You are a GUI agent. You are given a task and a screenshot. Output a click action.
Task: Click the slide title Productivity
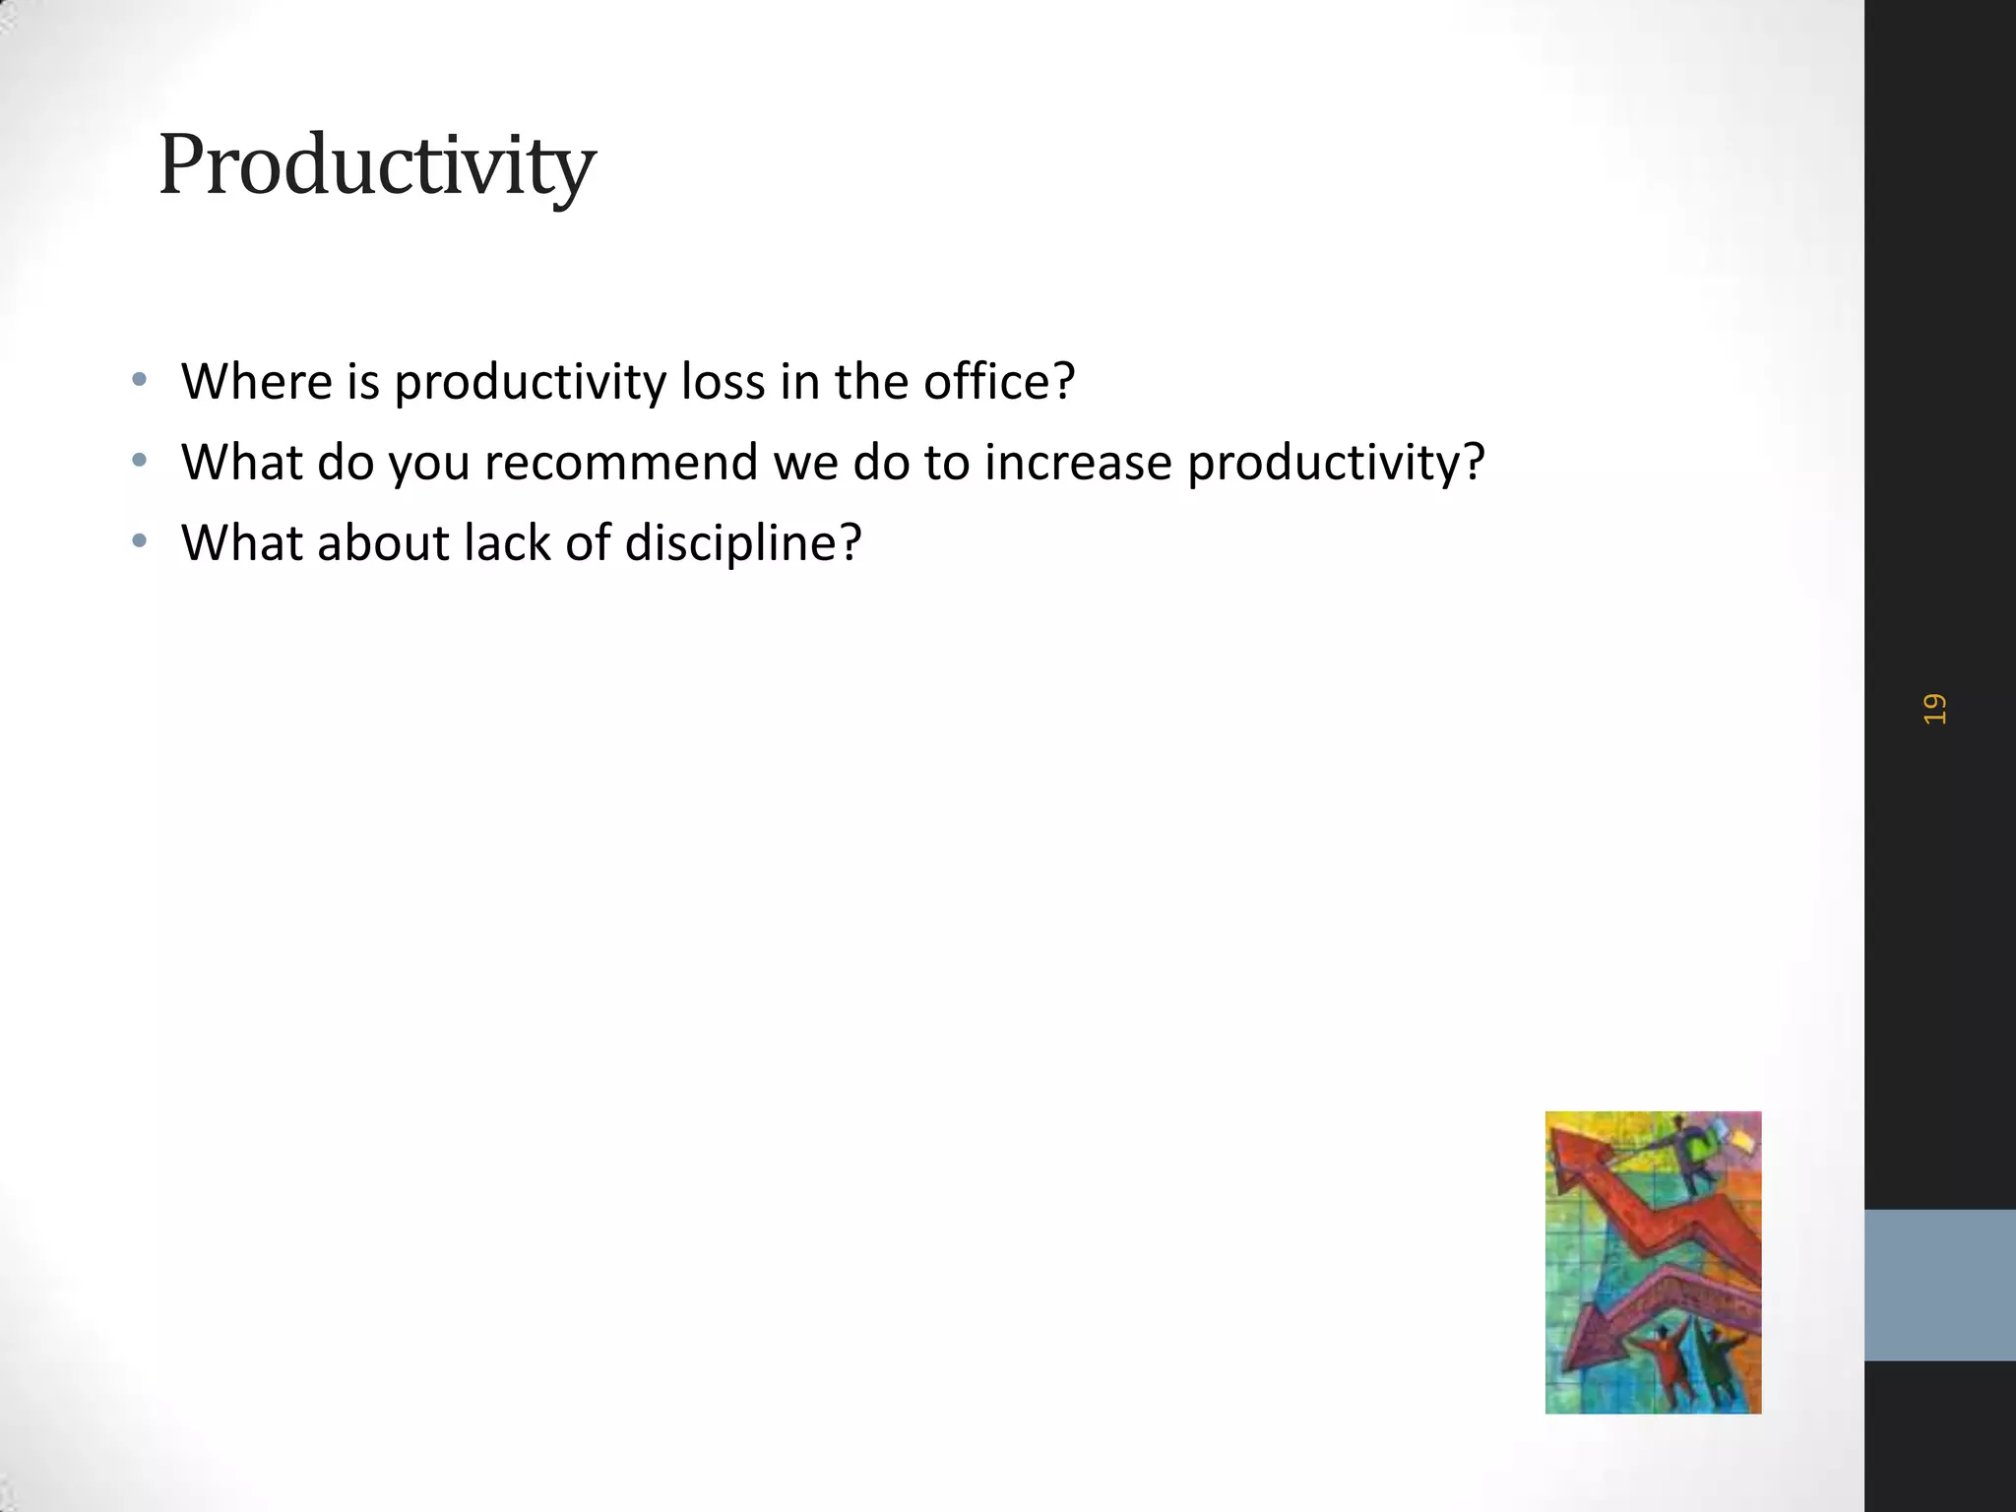point(377,165)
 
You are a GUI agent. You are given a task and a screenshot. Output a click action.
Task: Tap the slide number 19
point(1934,709)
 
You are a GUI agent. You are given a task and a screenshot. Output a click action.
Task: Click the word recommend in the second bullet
point(621,463)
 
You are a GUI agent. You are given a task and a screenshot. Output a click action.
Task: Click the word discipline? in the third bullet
point(743,543)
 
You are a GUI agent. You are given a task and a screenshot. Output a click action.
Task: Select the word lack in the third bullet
point(507,543)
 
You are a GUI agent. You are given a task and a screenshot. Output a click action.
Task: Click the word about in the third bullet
point(383,543)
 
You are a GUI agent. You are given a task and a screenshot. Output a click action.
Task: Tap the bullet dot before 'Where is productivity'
point(140,379)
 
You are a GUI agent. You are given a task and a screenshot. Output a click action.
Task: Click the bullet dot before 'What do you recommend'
point(140,460)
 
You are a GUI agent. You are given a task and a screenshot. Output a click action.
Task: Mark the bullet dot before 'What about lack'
point(140,540)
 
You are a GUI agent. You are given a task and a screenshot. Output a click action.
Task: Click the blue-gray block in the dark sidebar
point(1939,1285)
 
